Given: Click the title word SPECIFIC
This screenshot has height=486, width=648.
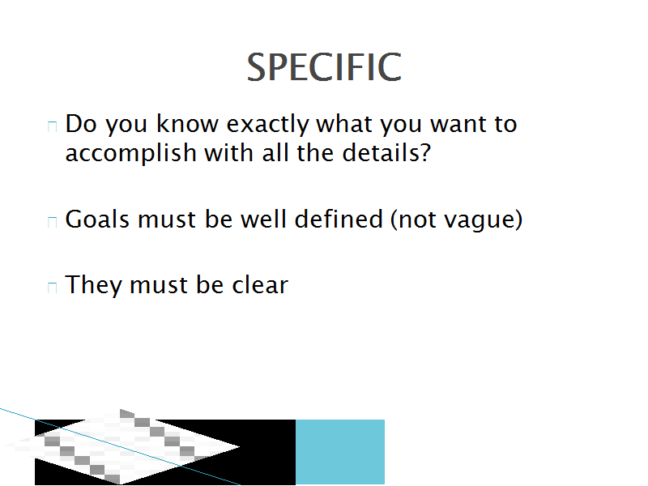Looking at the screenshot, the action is (324, 67).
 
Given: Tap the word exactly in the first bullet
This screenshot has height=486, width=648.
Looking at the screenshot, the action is (267, 125).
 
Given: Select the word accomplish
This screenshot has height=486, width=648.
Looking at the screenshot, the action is (131, 154).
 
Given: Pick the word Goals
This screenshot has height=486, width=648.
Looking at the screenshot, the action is (97, 219).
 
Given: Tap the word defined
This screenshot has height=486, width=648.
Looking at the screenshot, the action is (339, 219).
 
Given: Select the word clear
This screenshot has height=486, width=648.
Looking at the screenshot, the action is (260, 285).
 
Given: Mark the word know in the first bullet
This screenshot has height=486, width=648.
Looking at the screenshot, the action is (187, 123).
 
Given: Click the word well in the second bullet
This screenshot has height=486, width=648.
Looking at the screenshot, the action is (263, 219).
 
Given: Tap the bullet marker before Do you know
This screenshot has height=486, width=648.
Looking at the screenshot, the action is (52, 126).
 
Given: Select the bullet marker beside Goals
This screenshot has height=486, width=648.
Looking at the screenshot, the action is (52, 221).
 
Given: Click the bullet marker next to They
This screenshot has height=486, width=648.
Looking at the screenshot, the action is (52, 288).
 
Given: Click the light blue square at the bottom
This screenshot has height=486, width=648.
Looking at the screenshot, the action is (340, 452).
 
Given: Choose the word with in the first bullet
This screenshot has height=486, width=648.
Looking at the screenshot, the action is (229, 152).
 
